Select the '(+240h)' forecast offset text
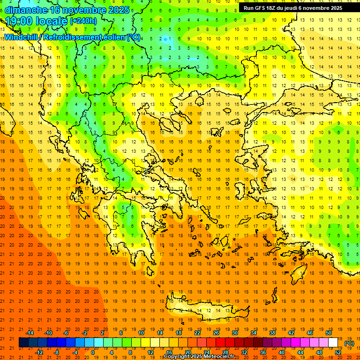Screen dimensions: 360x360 pyautogui.click(x=83, y=21)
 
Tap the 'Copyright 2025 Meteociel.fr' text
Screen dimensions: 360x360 pyautogui.click(x=199, y=357)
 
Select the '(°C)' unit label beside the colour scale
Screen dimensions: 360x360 pyautogui.click(x=349, y=343)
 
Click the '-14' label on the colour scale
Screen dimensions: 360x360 pyautogui.click(x=30, y=333)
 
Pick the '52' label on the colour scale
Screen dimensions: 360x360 pyautogui.click(x=338, y=352)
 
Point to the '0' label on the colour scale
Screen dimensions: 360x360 pyautogui.click(x=93, y=352)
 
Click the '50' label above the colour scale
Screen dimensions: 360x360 pyautogui.click(x=329, y=333)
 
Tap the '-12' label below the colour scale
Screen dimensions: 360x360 pyautogui.click(x=39, y=352)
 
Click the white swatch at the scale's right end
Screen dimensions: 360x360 pyautogui.click(x=333, y=343)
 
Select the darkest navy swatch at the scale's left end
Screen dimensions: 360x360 pyautogui.click(x=23, y=343)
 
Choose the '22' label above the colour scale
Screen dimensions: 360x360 pyautogui.click(x=197, y=333)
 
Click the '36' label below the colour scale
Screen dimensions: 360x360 pyautogui.click(x=263, y=352)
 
